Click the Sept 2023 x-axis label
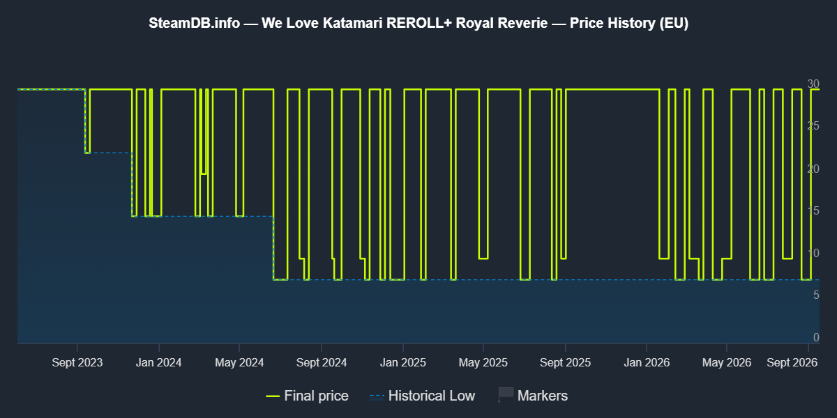point(77,362)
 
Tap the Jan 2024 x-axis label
point(159,362)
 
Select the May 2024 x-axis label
point(239,362)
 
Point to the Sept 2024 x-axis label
point(322,362)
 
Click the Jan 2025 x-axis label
point(403,362)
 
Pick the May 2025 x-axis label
point(483,362)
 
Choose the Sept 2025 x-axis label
point(566,362)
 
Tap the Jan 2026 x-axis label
point(647,362)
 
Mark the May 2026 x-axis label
point(727,362)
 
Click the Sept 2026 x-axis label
point(792,362)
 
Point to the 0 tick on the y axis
point(816,337)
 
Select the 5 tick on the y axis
point(816,295)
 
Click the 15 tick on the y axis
point(813,211)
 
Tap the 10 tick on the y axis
point(813,253)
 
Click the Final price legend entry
point(307,396)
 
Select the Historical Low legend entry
point(422,396)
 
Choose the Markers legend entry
point(533,396)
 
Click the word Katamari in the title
point(353,23)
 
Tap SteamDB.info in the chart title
point(195,23)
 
